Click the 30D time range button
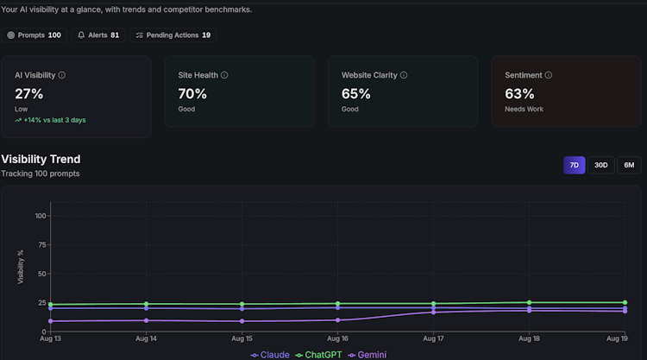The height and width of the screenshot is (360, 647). pos(600,165)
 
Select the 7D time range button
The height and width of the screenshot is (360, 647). pos(574,165)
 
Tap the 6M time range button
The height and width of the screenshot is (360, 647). pos(629,165)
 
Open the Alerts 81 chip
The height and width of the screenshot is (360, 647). pos(98,35)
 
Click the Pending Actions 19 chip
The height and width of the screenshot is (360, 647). pos(173,35)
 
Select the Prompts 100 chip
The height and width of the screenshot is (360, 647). pos(34,35)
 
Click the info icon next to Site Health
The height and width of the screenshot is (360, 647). pos(224,75)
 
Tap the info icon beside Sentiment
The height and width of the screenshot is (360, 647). pos(549,75)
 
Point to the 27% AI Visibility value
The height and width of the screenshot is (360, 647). pos(28,94)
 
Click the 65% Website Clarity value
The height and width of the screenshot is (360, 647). pos(355,94)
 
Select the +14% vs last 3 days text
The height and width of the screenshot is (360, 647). pos(50,120)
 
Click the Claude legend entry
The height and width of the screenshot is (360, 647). pos(270,355)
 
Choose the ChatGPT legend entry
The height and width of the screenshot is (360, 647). pos(318,355)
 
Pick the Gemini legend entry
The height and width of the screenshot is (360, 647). pos(367,355)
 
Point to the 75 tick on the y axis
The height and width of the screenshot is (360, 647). pos(41,245)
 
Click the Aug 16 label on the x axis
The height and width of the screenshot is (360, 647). pos(337,338)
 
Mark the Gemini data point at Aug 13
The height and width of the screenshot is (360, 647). pos(50,321)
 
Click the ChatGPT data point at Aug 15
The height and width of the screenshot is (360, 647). pos(242,304)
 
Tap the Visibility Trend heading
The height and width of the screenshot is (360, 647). pos(41,159)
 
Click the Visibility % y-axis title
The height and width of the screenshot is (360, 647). pos(20,267)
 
